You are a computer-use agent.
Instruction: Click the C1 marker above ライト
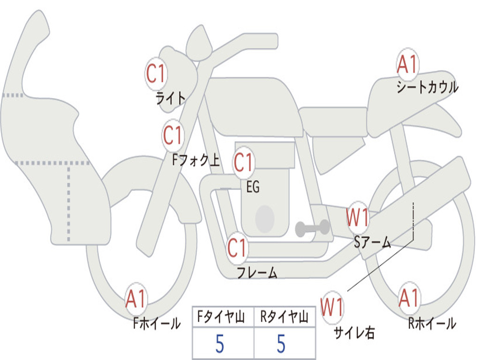click(156, 74)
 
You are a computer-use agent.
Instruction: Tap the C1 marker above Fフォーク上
click(173, 136)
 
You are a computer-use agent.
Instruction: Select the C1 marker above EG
click(244, 163)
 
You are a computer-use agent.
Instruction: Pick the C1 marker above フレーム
click(237, 248)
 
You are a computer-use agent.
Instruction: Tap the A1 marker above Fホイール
click(136, 299)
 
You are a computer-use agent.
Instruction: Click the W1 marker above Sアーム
click(357, 218)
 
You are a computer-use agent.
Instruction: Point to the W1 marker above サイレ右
click(332, 307)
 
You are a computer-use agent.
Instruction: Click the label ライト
click(171, 98)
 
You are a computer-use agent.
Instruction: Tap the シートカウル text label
click(427, 88)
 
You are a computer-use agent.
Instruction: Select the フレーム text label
click(257, 273)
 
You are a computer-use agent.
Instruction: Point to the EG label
click(253, 187)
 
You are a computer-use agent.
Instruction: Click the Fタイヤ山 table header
click(222, 318)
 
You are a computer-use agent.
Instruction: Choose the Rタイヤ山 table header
click(284, 318)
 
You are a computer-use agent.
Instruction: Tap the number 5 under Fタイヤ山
click(219, 344)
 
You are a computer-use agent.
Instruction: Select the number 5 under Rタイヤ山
click(281, 344)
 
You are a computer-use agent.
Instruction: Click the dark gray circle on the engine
click(265, 218)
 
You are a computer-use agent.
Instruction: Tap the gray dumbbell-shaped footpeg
click(313, 228)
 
